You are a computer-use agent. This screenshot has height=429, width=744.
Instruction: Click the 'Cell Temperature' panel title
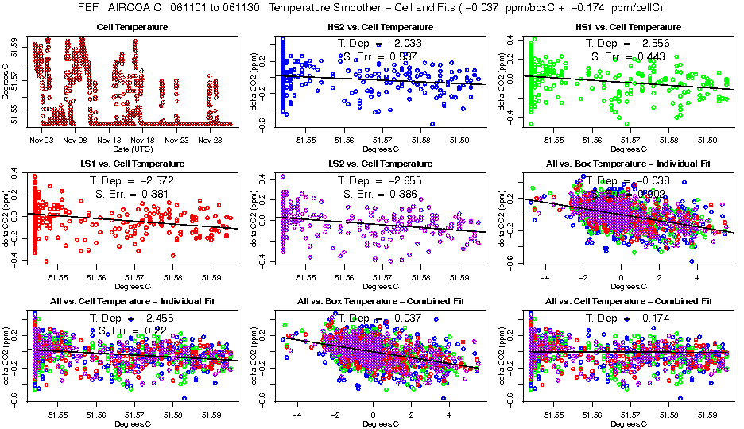point(134,27)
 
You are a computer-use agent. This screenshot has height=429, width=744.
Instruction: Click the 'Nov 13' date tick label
point(109,140)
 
